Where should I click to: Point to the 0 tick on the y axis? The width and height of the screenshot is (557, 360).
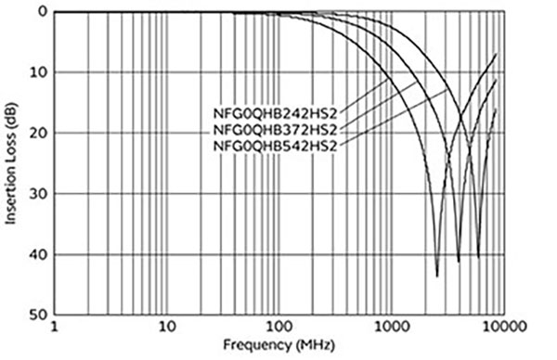pyautogui.click(x=42, y=12)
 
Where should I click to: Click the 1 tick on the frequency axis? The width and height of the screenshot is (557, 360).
pyautogui.click(x=55, y=328)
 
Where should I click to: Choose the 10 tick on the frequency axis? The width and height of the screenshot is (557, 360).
pyautogui.click(x=167, y=328)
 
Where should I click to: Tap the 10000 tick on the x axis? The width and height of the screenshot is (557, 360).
pyautogui.click(x=501, y=328)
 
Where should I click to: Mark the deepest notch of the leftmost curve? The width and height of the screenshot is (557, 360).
pyautogui.click(x=437, y=276)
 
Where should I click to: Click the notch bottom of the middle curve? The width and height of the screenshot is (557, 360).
pyautogui.click(x=459, y=261)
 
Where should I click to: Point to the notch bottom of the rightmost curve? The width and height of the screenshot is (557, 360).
pyautogui.click(x=479, y=257)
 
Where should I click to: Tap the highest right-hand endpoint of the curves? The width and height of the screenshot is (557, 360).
pyautogui.click(x=497, y=54)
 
